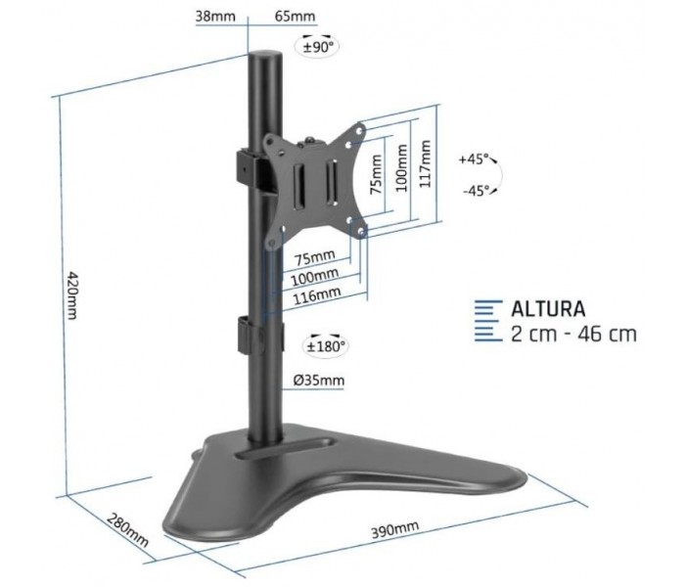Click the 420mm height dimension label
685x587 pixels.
tap(71, 295)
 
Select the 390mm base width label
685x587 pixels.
tap(394, 529)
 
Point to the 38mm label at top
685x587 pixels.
tap(215, 17)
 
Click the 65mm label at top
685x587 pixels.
tap(295, 17)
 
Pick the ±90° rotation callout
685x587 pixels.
tap(318, 45)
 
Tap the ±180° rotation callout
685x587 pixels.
tap(326, 346)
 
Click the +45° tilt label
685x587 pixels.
tap(473, 158)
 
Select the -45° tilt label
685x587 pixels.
tap(477, 191)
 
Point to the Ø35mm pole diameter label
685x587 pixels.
tap(319, 381)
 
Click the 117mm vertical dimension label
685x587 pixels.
tap(425, 163)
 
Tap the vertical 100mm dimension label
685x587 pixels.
tap(401, 168)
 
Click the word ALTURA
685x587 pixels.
tap(548, 309)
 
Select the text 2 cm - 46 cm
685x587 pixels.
tap(573, 335)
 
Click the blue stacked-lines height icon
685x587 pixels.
tap(488, 321)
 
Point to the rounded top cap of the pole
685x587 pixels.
tap(265, 56)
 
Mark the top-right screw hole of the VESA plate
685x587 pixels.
tap(359, 130)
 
